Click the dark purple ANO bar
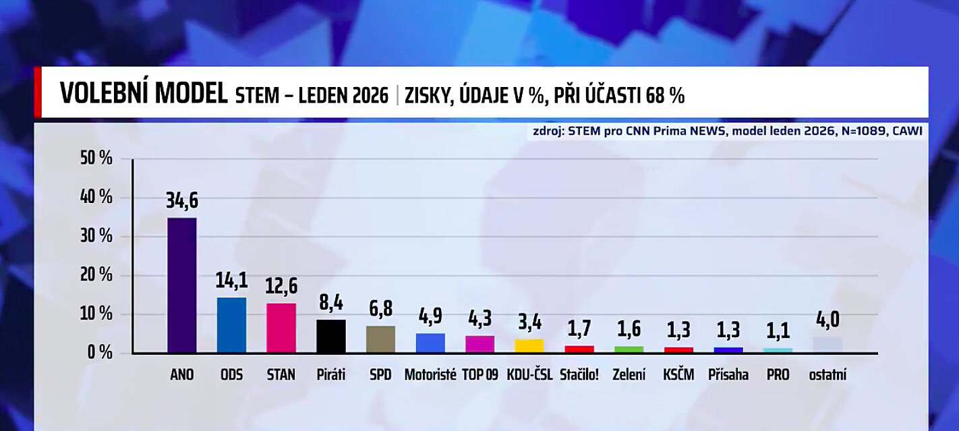coord(181,285)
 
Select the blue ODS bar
coord(231,324)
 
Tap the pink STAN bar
coord(281,328)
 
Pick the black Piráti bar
coord(331,336)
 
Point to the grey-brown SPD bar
coord(380,339)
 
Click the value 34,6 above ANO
coord(182,201)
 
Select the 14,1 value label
coord(231,281)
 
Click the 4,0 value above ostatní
coord(827,320)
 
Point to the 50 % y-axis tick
coord(96,159)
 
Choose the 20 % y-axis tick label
coord(96,275)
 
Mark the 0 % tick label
coord(100,353)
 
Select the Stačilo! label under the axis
coord(579,374)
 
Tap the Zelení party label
coord(629,374)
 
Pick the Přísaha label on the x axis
coord(728,374)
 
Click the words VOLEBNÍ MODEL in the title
coord(144,94)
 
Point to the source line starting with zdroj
coord(727,131)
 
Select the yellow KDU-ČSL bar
coord(529,346)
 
